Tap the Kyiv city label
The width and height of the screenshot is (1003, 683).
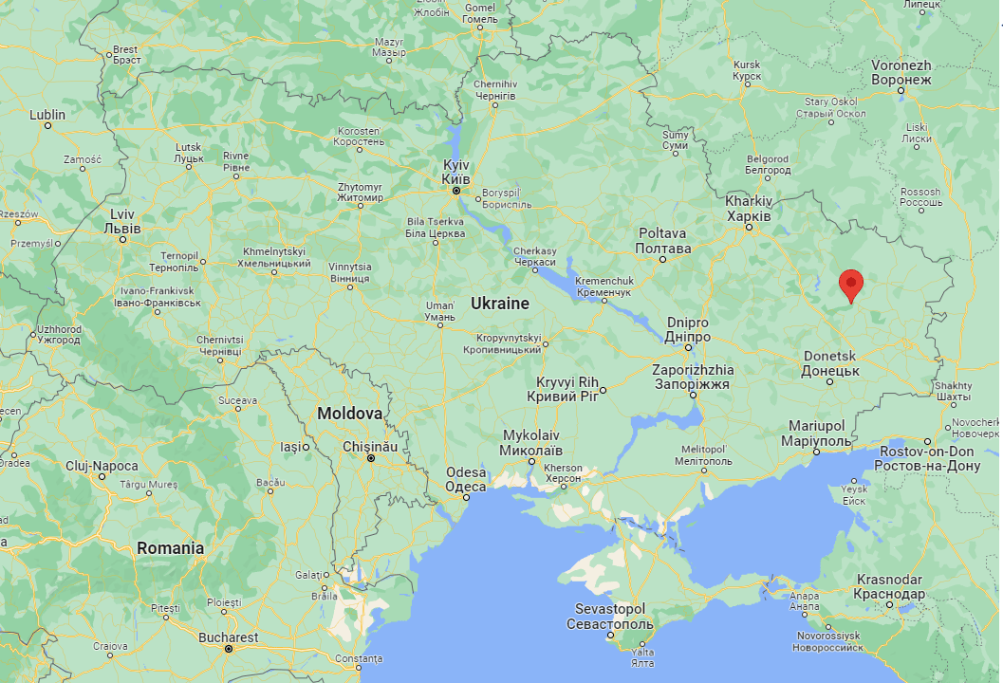point(456,171)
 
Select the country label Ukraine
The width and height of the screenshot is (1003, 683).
point(499,304)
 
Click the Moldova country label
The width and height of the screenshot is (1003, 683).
point(349,414)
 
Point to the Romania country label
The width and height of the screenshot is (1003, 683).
point(170,548)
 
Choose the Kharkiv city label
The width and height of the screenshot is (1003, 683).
point(749,208)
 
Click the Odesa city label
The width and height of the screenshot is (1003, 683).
point(466,479)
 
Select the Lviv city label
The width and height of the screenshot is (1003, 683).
point(123,221)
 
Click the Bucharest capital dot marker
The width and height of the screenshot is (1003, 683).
point(228,650)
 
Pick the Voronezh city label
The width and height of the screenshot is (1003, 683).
point(901,72)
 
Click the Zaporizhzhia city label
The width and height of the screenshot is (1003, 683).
point(693,377)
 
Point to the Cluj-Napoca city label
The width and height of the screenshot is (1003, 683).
point(102,466)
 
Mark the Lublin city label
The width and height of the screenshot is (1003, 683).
point(47,115)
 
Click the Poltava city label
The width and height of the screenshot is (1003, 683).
point(662,240)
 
